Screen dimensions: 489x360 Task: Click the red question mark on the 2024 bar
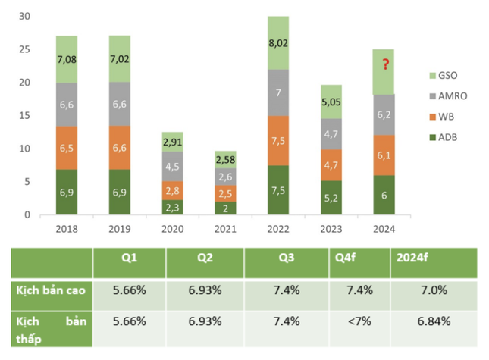coord(386,64)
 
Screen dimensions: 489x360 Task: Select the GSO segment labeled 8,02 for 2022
coord(278,43)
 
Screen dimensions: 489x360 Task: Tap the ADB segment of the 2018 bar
coord(67,192)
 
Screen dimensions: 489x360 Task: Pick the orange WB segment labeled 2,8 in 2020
coord(172,190)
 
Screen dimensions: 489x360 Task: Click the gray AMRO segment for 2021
coord(225,177)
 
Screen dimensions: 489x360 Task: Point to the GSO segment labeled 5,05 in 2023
coord(331,102)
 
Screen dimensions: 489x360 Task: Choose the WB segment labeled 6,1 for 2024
coord(384,155)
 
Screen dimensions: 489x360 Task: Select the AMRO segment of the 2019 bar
coord(120,104)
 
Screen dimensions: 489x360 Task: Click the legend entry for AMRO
coord(448,96)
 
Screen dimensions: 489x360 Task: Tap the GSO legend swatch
coord(433,76)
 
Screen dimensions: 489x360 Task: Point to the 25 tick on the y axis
coord(24,49)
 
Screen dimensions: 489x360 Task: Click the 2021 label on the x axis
coord(225,229)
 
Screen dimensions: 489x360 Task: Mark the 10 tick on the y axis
coord(24,149)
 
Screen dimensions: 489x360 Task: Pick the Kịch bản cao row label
coord(51,290)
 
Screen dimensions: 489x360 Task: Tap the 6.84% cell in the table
coord(434,321)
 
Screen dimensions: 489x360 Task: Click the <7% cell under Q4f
coord(359,321)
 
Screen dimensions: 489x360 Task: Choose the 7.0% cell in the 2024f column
coord(434,290)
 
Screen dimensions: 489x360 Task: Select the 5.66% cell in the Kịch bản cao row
coord(130,290)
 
